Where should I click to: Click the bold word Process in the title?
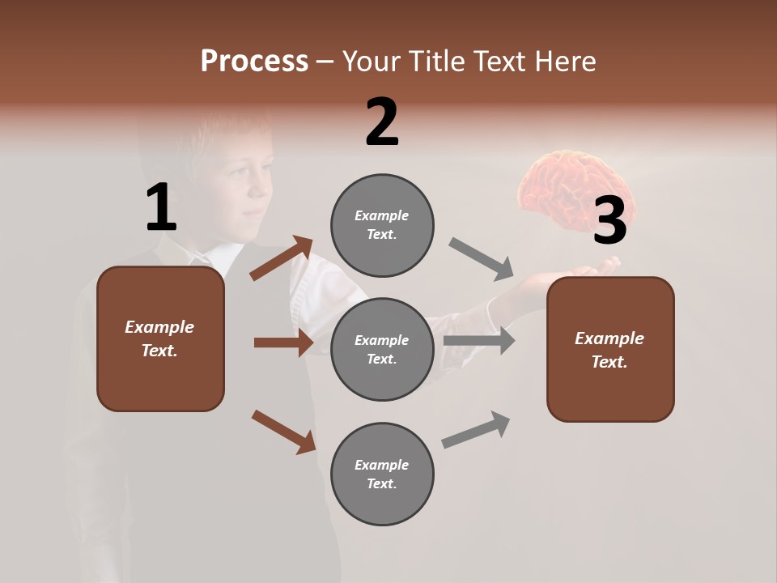point(254,62)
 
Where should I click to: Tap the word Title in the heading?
point(435,62)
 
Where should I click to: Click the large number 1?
point(161,208)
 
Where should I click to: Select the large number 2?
point(382,122)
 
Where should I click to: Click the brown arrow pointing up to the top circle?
point(282,257)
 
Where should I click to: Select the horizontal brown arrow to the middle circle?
point(283,343)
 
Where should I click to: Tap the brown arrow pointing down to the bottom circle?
point(283,431)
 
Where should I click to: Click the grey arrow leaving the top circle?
point(482,258)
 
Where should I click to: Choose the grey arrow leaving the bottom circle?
point(477,430)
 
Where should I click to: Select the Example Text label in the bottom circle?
point(382,474)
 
